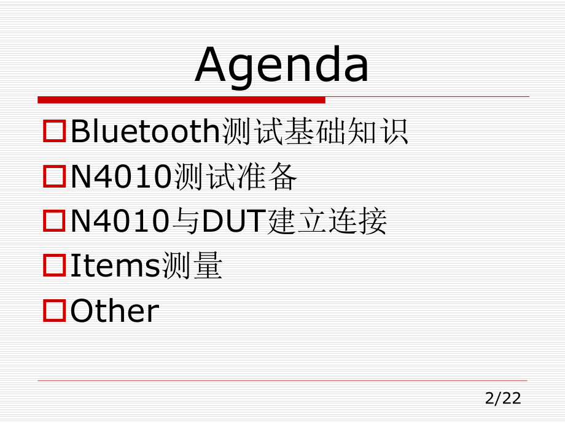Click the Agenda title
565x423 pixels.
(x=282, y=65)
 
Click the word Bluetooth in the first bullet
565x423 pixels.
(x=145, y=132)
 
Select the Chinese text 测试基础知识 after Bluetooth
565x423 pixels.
(x=314, y=132)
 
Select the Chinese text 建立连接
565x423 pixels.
(x=328, y=222)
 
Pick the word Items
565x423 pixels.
(x=115, y=267)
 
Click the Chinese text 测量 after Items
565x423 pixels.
(x=192, y=267)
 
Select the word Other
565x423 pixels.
(x=115, y=311)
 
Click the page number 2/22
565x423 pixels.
(x=502, y=399)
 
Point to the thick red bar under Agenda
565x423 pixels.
(x=181, y=99)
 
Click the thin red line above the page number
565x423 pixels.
(x=282, y=381)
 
